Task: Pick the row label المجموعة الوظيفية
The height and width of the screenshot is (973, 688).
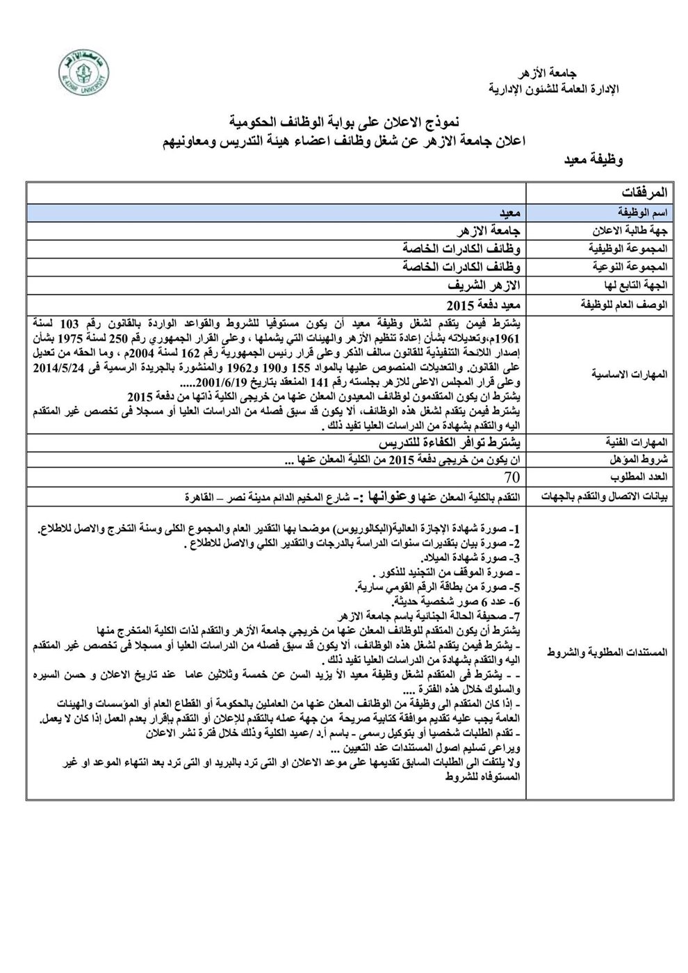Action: [x=631, y=248]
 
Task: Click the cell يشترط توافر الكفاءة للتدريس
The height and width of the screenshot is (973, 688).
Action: [x=452, y=442]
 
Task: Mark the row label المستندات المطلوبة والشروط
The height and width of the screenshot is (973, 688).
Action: [x=619, y=653]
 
